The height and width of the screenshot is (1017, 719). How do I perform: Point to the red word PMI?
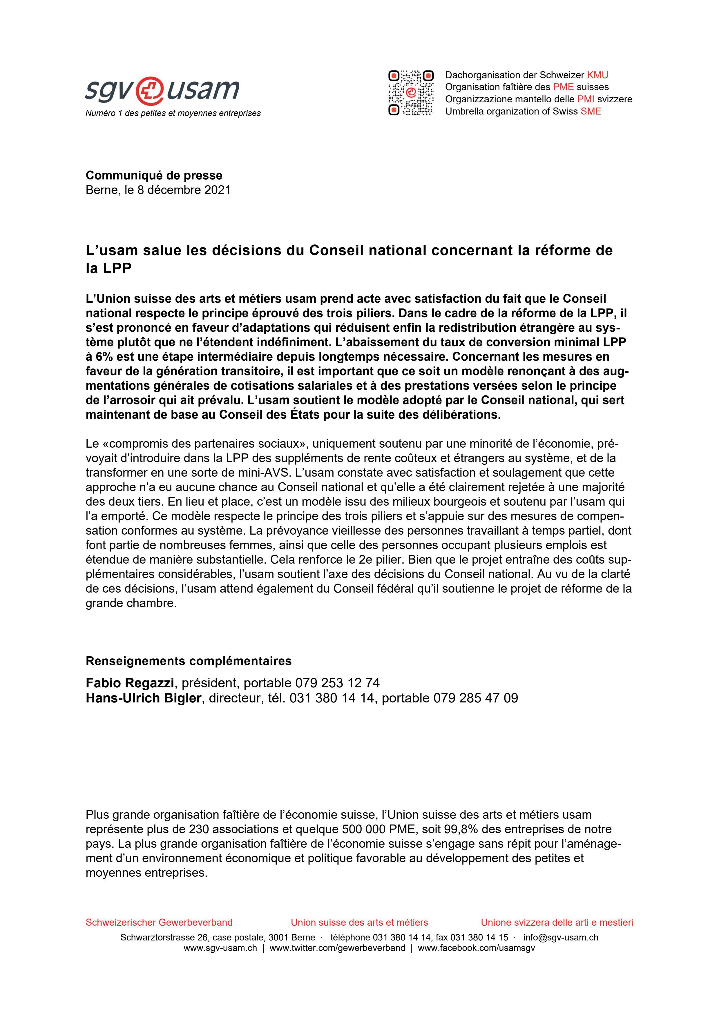[585, 99]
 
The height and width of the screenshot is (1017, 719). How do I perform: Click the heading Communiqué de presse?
[154, 175]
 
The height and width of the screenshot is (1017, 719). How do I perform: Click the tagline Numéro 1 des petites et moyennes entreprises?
[173, 113]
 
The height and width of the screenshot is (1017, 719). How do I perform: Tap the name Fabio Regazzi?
[129, 682]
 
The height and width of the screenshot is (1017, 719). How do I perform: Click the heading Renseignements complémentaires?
[188, 661]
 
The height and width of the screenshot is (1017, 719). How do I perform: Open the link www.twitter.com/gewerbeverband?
[337, 948]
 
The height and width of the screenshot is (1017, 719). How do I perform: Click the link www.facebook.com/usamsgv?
[476, 948]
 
